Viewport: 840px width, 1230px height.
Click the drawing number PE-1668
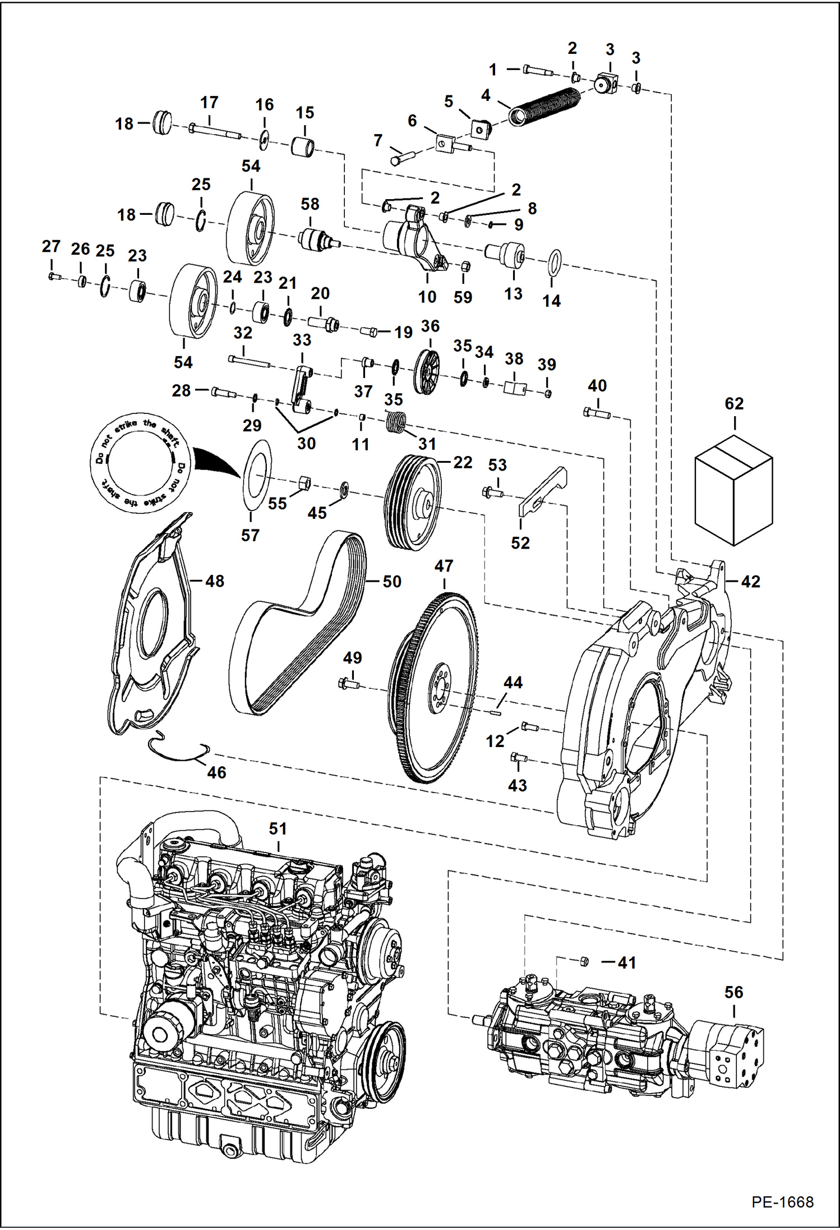click(x=782, y=1202)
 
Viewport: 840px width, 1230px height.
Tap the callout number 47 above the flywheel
click(x=444, y=566)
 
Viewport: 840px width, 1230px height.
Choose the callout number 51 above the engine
click(x=278, y=828)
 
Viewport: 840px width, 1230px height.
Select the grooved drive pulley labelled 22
click(x=413, y=503)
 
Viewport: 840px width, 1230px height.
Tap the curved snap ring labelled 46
click(x=178, y=752)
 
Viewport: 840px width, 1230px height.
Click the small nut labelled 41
click(x=583, y=962)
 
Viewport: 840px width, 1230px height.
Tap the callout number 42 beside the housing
click(x=750, y=582)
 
